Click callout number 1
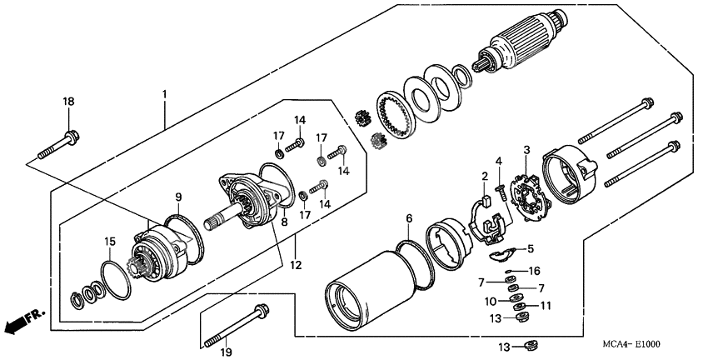[164, 94]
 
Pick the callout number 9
[177, 197]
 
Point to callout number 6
[408, 218]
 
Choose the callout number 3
[526, 150]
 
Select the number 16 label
[535, 271]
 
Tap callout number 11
[546, 307]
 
